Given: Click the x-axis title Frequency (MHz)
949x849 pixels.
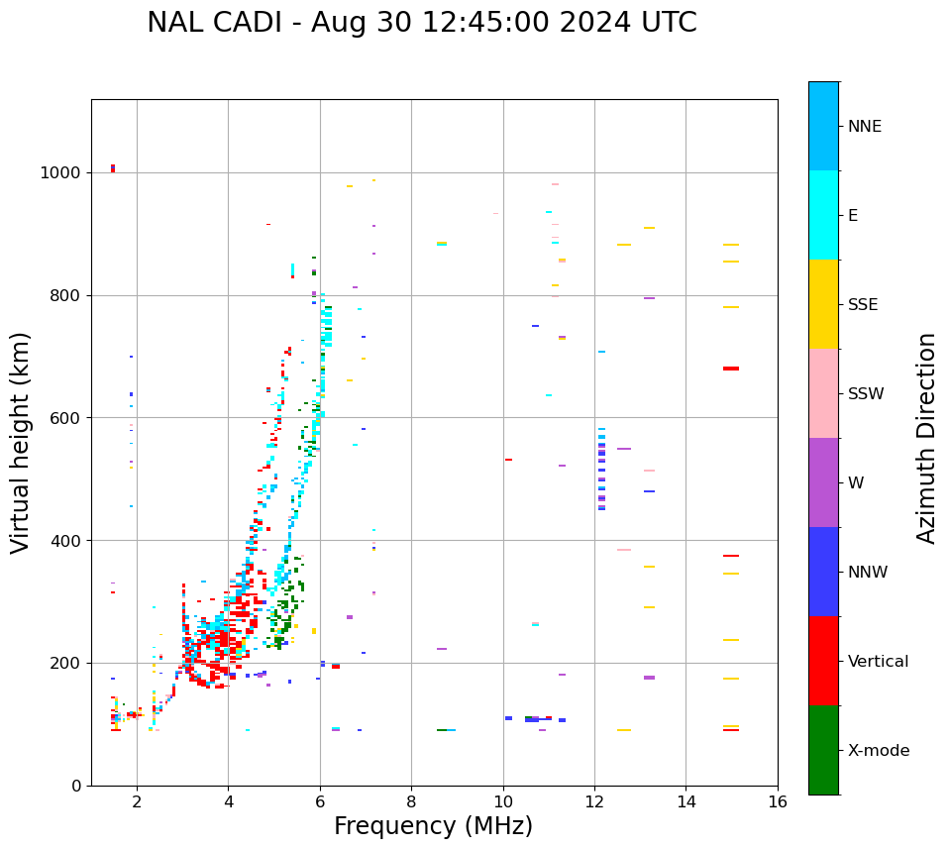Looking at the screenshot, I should pos(433,826).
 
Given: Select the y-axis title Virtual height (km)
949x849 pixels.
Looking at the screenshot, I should pos(21,442).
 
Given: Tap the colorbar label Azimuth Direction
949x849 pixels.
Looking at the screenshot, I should pos(926,438).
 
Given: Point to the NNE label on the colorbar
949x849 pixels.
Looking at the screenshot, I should pos(864,127).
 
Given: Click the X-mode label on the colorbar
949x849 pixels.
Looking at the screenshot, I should pos(878,751).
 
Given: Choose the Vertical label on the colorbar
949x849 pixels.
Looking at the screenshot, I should pos(878,662).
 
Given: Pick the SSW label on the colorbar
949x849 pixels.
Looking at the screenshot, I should pos(866,394).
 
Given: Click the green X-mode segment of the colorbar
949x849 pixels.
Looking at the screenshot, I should pos(823,750).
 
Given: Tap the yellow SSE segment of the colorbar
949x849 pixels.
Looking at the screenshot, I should pos(823,304).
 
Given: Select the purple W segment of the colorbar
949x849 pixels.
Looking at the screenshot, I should pos(823,482).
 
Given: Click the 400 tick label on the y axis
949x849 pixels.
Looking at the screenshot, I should pos(70,541).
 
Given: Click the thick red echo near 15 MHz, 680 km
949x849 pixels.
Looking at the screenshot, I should pos(731,369).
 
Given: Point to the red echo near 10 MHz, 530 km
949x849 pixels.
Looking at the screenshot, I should pos(508,460).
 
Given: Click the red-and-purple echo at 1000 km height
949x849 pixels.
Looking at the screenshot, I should pos(113,168).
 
